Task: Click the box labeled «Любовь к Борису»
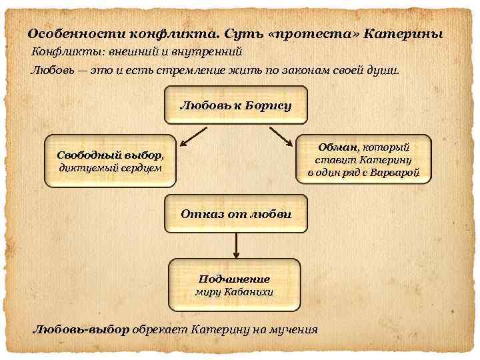(x=236, y=105)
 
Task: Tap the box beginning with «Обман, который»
(x=363, y=160)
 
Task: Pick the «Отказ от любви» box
(x=236, y=214)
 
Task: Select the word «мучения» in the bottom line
(x=291, y=329)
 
